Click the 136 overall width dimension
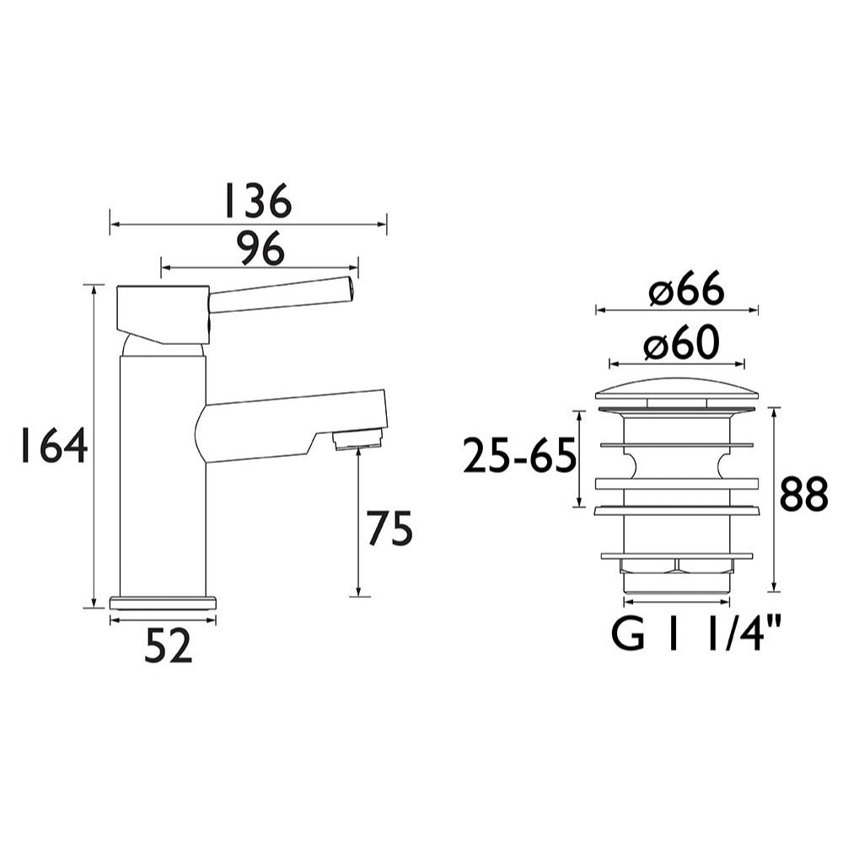pyautogui.click(x=256, y=201)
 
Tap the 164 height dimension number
pyautogui.click(x=53, y=446)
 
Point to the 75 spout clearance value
pyautogui.click(x=389, y=529)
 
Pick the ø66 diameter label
pyautogui.click(x=686, y=292)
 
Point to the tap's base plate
pyautogui.click(x=164, y=602)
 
